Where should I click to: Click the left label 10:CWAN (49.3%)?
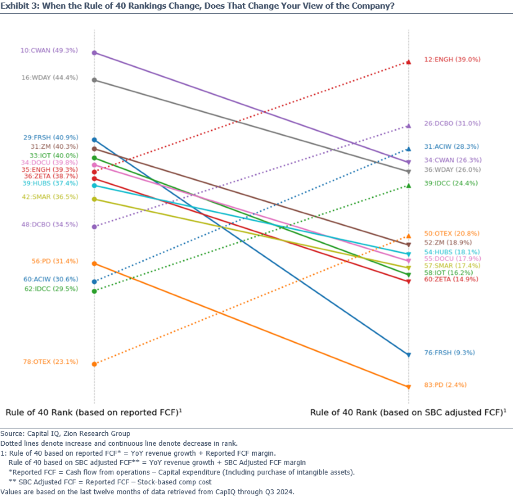click(49, 50)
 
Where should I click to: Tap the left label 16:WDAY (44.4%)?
click(49, 77)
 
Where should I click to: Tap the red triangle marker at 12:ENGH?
click(408, 62)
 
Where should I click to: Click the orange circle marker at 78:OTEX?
click(94, 364)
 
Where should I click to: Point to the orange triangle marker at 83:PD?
click(408, 387)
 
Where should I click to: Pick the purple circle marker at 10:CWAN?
click(94, 53)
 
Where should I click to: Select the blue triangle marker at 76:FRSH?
click(408, 355)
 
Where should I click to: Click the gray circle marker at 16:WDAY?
click(94, 80)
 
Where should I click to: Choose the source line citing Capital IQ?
click(65, 433)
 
